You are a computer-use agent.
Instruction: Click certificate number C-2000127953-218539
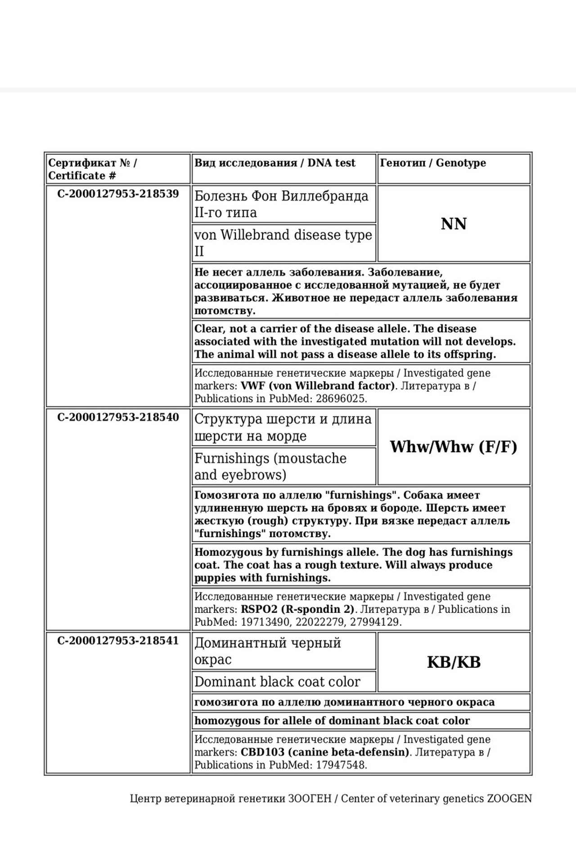point(118,194)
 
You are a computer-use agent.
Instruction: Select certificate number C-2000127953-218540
point(118,417)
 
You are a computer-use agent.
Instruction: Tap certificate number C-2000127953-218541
point(118,640)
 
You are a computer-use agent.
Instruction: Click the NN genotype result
point(454,224)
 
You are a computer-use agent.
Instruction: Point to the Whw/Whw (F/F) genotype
point(454,447)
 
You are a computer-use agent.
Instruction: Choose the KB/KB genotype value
point(454,662)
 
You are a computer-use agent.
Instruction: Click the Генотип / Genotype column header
point(433,163)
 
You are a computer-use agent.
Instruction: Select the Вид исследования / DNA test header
point(274,163)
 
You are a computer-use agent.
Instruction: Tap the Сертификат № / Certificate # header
point(92,169)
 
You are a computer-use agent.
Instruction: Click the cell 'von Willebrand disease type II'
point(283,243)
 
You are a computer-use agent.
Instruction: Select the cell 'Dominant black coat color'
point(277,682)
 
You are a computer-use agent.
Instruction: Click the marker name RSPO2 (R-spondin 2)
point(297,609)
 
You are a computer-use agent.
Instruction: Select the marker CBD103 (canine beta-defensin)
point(325,752)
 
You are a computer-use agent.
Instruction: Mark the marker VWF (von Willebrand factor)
point(318,386)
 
